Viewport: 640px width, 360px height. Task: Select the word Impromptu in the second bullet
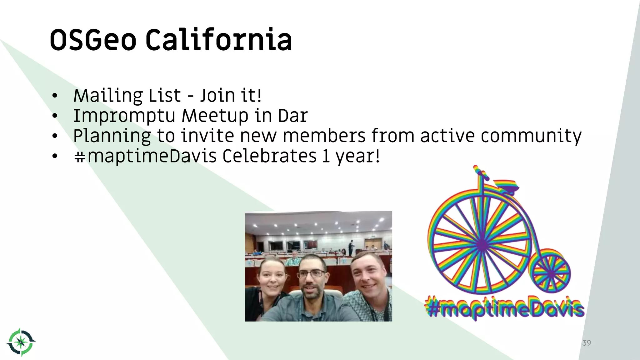(124, 116)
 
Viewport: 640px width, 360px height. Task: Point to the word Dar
(292, 116)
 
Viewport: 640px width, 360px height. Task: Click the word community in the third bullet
(531, 136)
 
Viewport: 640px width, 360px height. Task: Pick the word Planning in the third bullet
(112, 136)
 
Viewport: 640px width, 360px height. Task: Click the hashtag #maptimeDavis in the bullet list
(145, 156)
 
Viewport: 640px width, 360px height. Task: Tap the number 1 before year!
(326, 156)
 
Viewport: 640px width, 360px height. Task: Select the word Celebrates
(269, 156)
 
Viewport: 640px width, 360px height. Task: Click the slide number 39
(587, 343)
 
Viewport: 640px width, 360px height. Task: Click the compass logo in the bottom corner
(21, 342)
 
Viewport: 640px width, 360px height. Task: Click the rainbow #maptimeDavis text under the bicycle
(504, 308)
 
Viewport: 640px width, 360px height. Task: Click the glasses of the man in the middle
(311, 274)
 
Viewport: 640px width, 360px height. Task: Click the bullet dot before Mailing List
(55, 96)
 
